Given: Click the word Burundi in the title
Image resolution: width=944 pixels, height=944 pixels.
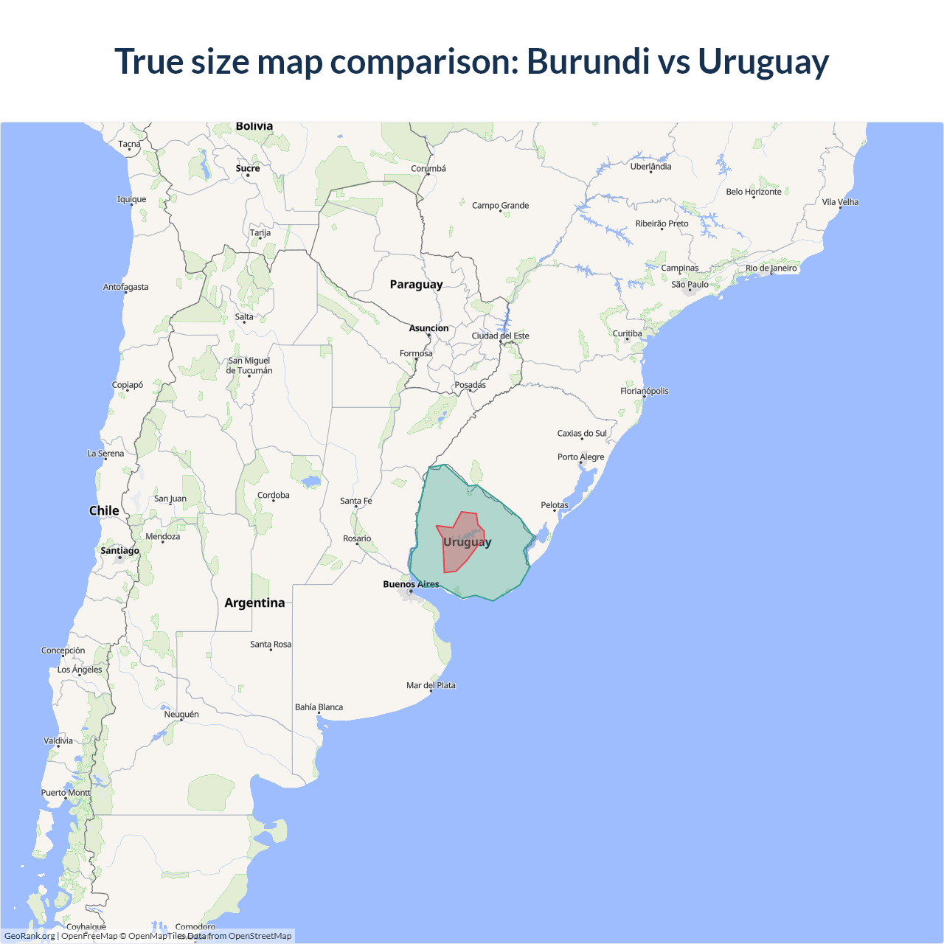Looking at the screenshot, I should (x=588, y=61).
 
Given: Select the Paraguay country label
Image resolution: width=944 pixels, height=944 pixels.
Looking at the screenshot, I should (x=416, y=285).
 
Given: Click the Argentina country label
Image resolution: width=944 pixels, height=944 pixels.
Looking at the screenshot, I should (x=254, y=603).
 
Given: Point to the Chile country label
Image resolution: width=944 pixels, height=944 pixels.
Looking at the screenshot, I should (x=104, y=511).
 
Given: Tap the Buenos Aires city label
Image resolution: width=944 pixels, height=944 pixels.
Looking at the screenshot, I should (x=411, y=584).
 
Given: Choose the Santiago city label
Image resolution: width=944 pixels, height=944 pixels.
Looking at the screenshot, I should (x=119, y=551).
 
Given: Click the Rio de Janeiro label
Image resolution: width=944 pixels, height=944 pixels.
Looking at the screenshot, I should (x=771, y=268).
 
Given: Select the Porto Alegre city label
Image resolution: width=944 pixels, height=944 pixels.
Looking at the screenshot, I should (x=580, y=457).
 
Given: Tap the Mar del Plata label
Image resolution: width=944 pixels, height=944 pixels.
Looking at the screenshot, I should (x=431, y=686).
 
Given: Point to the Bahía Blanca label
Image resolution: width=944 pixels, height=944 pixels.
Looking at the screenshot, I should (x=319, y=707).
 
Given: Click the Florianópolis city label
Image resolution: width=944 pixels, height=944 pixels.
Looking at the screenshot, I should (x=644, y=391).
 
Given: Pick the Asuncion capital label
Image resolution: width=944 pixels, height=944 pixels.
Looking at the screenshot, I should (x=428, y=329).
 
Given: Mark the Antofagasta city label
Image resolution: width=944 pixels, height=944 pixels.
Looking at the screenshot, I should (x=125, y=288).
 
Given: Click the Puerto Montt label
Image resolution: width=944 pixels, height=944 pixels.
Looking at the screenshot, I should (x=66, y=793).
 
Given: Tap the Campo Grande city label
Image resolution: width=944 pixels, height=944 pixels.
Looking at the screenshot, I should (x=500, y=206).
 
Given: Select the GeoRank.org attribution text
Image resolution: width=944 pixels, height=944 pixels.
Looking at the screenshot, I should (x=29, y=936).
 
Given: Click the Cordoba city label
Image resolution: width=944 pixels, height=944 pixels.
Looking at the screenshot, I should (x=273, y=496).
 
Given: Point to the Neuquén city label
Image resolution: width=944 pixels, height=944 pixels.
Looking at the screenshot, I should (x=181, y=715).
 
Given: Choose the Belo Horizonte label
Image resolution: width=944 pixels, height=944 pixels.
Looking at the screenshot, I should (x=753, y=192).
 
